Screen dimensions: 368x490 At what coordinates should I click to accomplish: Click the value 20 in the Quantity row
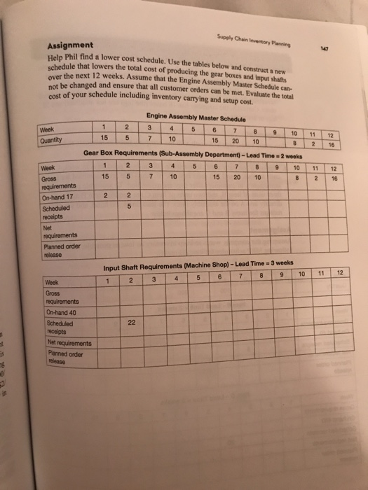(236, 140)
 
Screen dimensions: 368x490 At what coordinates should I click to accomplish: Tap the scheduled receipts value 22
(132, 323)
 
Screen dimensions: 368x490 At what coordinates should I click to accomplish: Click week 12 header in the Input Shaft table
(340, 272)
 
